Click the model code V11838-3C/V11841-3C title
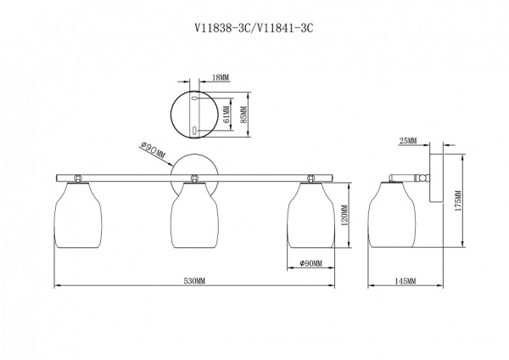[255, 29]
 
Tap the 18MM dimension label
[221, 77]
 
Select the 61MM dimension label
[227, 115]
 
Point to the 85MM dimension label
[244, 114]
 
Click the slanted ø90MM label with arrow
[153, 151]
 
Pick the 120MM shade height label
[344, 216]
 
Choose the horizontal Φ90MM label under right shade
[310, 263]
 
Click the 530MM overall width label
[195, 281]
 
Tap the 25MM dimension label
[408, 141]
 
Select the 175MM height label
[458, 200]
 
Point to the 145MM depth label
[406, 281]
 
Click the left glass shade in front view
[78, 215]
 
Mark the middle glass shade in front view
[194, 215]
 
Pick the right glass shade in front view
[311, 215]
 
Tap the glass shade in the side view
[392, 215]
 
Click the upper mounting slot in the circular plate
[194, 98]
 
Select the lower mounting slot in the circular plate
[194, 131]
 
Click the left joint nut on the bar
[78, 178]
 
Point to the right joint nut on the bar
[310, 178]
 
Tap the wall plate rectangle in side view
[436, 178]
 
